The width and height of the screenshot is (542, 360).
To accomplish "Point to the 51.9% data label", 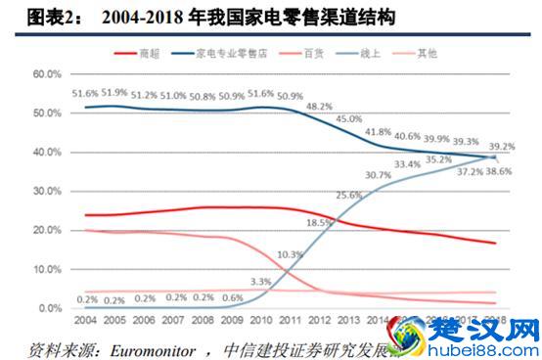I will pos(114,92).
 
